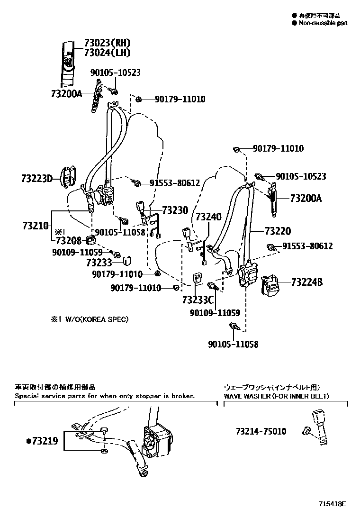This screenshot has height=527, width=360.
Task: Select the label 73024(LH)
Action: [107, 53]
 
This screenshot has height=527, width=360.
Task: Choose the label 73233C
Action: [198, 300]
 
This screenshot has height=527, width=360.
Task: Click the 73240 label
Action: [208, 217]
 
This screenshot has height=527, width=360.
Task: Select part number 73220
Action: [278, 231]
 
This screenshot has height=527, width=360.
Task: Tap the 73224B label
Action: [307, 282]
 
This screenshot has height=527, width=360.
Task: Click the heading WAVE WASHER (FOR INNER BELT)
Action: [276, 396]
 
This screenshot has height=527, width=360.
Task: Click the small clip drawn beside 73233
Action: [127, 260]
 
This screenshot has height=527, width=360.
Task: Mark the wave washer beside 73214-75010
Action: [306, 431]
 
